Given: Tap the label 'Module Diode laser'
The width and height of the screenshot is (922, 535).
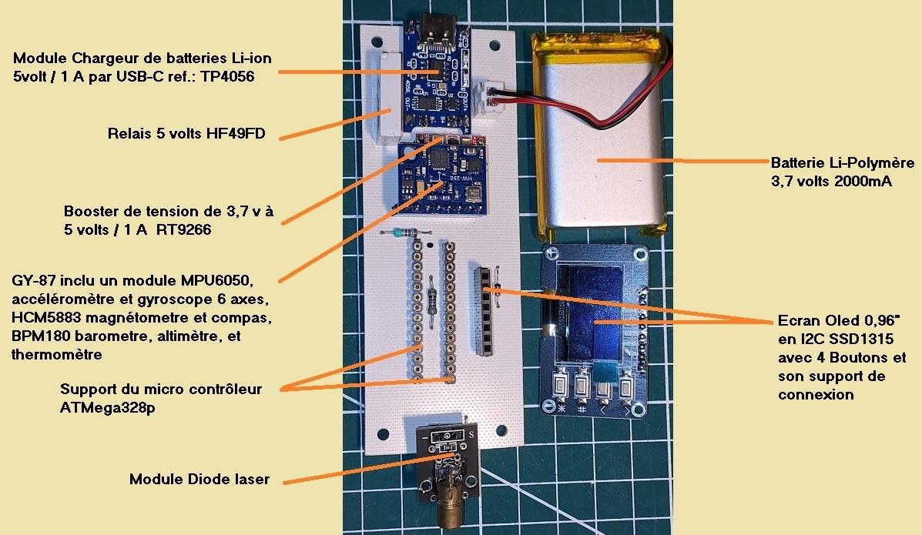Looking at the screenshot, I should point(199,480).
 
